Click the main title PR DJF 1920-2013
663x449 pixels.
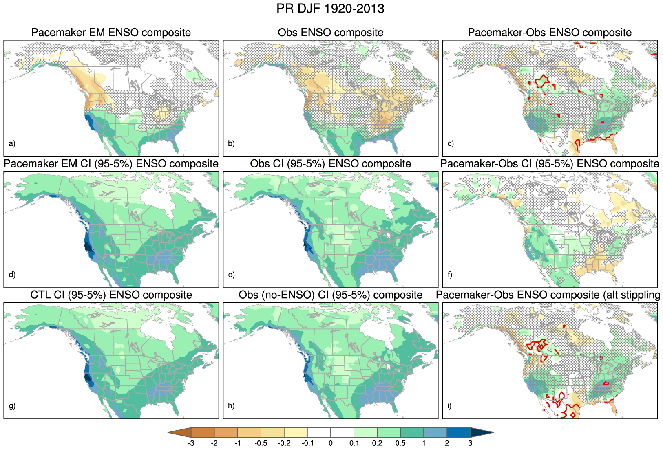330,9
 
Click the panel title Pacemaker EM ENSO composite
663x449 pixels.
111,33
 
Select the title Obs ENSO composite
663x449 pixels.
330,33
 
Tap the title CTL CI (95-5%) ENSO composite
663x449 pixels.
111,295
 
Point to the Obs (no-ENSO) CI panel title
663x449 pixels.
330,295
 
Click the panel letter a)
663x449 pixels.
12,143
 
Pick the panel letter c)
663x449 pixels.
451,143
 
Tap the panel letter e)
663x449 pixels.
231,275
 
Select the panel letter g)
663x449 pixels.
12,406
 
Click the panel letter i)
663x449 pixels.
449,406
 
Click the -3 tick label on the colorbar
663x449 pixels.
190,443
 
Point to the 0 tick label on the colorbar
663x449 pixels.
331,443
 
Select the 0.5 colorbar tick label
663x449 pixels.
400,443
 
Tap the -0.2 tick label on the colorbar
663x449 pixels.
284,443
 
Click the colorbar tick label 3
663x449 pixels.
470,443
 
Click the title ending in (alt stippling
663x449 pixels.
548,295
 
